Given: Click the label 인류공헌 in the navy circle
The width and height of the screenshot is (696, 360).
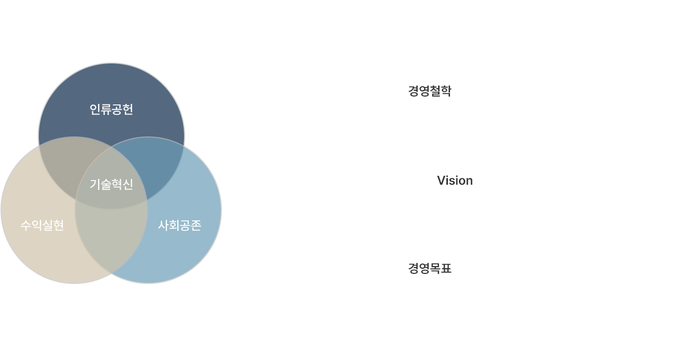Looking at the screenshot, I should [x=111, y=109].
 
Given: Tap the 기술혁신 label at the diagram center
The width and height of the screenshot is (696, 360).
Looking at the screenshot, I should [x=111, y=184].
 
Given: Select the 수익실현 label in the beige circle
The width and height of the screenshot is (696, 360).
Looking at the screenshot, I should [x=42, y=225].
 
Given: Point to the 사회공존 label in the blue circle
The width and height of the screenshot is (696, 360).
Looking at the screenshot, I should [x=179, y=225].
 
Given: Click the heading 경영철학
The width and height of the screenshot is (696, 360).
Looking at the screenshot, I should [x=430, y=91].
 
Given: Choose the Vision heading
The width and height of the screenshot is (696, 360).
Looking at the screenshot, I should [x=455, y=181].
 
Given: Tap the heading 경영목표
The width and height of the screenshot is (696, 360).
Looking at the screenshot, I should [x=430, y=269].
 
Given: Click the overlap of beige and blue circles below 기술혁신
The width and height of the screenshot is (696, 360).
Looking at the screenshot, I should [x=111, y=236].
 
